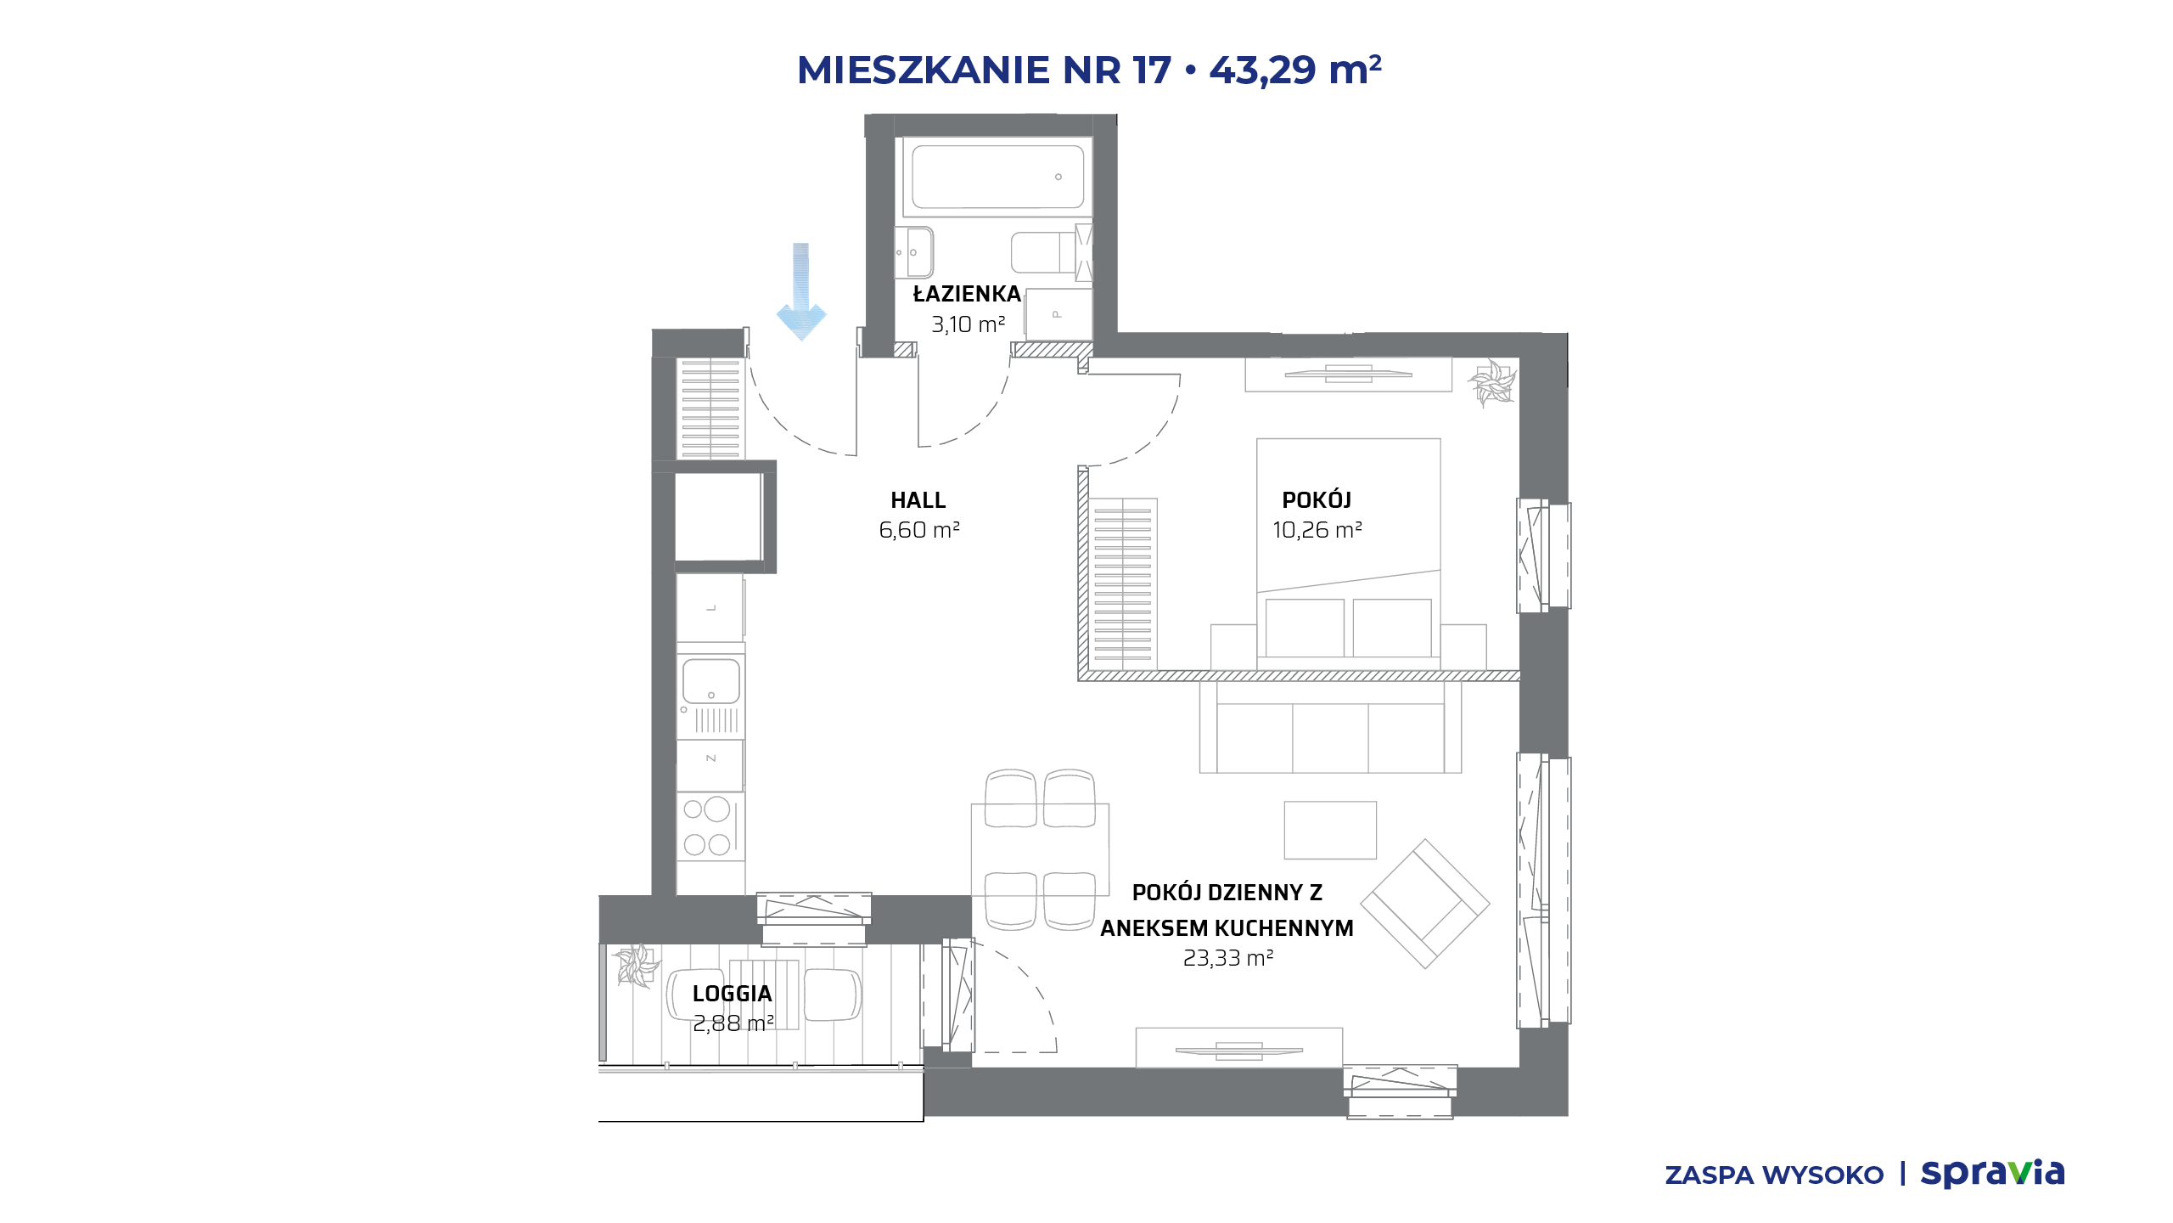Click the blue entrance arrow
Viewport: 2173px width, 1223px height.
click(x=801, y=291)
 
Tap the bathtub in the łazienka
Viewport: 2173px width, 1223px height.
click(x=997, y=177)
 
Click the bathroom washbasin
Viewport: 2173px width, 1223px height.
click(x=914, y=252)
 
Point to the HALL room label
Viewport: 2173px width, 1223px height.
click(x=918, y=500)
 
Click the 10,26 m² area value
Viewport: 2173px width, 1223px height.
click(x=1317, y=530)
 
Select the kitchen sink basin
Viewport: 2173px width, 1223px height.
click(x=711, y=681)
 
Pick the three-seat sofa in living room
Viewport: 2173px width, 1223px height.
click(x=1330, y=727)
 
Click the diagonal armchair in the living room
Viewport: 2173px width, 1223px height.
click(x=1425, y=904)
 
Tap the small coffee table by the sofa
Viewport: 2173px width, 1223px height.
click(x=1330, y=830)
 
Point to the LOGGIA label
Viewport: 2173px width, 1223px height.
click(x=732, y=994)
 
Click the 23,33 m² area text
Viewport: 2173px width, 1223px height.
click(x=1228, y=958)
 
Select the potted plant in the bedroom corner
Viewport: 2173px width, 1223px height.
click(x=1491, y=383)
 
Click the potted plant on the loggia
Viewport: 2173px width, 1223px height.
click(x=637, y=966)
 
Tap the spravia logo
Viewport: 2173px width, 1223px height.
click(x=1992, y=1173)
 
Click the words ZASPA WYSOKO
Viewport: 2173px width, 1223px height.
click(x=1774, y=1175)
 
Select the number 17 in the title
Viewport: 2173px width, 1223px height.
click(x=1152, y=70)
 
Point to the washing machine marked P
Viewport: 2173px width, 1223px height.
click(x=1058, y=314)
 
